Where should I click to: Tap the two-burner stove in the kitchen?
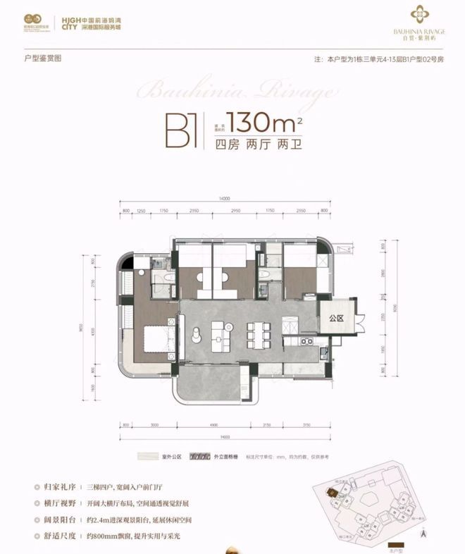[x=306, y=342]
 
